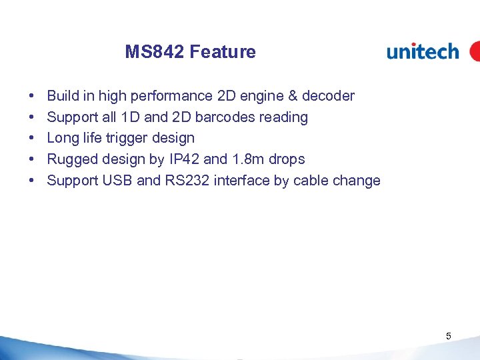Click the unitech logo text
coord(423,51)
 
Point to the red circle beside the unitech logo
coord(475,51)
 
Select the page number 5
coord(449,336)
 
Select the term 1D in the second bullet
coord(131,117)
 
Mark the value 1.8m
coord(247,159)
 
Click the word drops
coord(287,159)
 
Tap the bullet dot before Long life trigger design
coord(33,139)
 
